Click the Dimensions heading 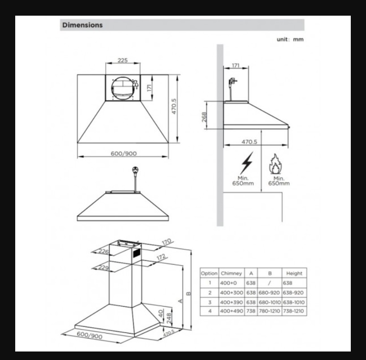82,25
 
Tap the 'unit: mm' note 290,39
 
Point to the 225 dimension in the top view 123,60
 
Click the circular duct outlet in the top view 123,88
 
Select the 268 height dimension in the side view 204,117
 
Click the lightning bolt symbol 247,163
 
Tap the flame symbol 276,164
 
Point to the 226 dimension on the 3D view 103,251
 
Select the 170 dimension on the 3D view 166,242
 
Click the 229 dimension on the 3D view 104,267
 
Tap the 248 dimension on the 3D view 169,318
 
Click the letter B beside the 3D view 189,294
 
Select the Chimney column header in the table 231,273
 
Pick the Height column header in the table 294,273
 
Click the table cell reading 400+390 232,302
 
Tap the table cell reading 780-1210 269,311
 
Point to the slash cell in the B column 269,283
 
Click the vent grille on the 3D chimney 137,253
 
